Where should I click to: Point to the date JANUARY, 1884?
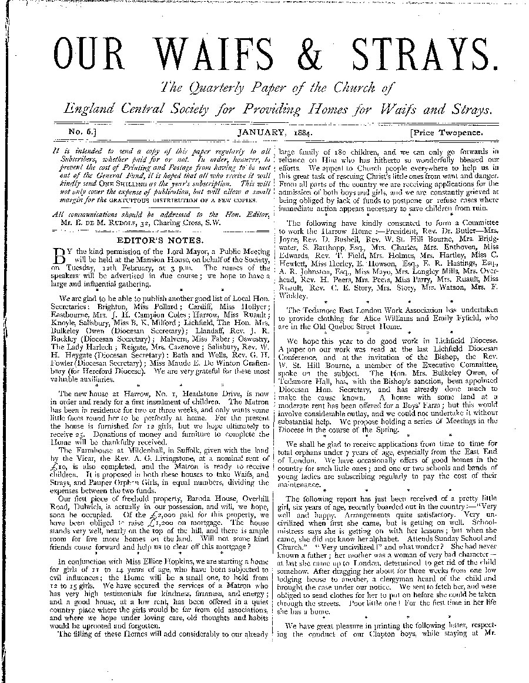coord(274,133)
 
